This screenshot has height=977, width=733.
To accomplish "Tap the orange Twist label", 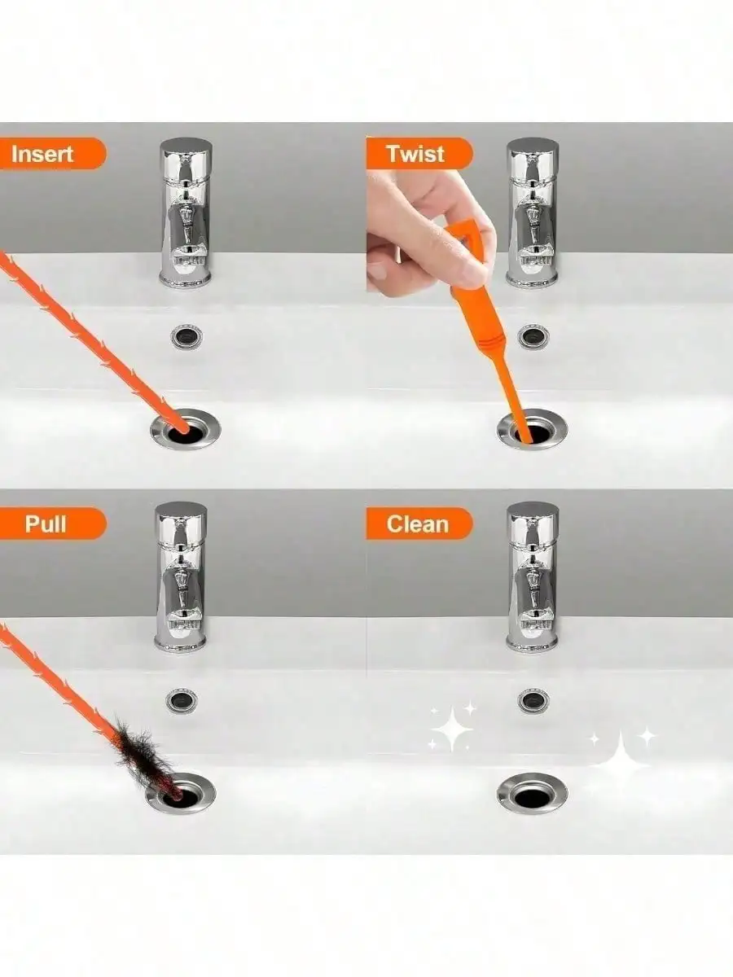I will point(415,154).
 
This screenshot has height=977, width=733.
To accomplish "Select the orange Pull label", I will point(47,524).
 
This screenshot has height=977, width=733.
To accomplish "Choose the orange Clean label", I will point(417,524).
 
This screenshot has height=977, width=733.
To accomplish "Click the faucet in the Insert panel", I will point(185,213).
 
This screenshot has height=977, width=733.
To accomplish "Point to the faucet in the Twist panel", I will point(533,213).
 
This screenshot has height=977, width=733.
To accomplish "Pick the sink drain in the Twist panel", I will point(533,430).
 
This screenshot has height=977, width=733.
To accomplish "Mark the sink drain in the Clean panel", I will point(533,793).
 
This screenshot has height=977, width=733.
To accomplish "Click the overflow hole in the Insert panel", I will point(185,335).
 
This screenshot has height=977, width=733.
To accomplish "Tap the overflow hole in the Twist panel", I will point(534,335).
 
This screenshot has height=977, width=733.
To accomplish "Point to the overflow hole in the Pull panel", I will point(180,700).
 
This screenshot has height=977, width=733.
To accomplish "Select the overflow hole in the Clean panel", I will point(533,700).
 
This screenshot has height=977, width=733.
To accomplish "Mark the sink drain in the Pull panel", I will point(181,793).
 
